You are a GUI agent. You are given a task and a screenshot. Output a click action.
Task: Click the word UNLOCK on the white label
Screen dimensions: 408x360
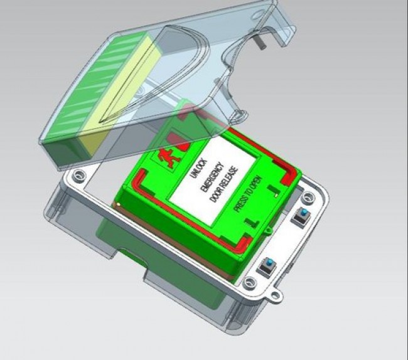click(x=199, y=169)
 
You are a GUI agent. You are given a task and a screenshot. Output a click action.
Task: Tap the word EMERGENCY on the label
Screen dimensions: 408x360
click(x=212, y=177)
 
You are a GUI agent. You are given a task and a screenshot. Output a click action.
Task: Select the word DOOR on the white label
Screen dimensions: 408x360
click(x=215, y=194)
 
